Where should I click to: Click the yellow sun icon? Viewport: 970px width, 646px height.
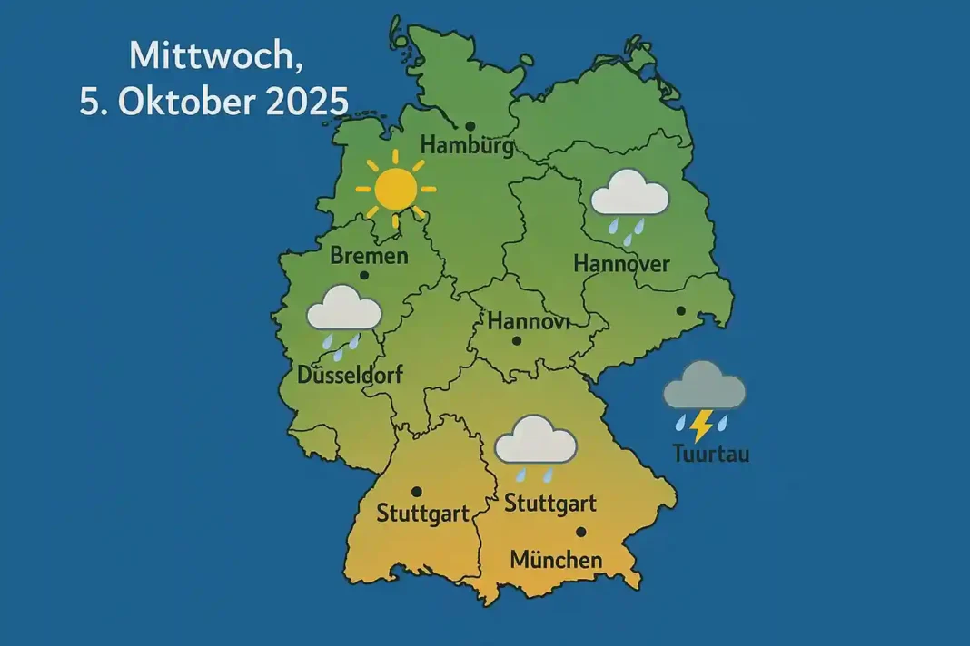click(x=395, y=189)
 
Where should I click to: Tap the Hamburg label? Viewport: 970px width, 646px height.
click(x=467, y=145)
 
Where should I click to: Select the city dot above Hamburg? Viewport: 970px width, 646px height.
click(x=470, y=126)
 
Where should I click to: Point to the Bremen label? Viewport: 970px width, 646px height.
click(x=369, y=256)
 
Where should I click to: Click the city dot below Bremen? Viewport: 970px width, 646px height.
click(x=364, y=275)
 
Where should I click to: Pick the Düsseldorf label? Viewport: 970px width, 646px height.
click(x=350, y=374)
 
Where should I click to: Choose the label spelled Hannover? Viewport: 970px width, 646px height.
click(x=621, y=264)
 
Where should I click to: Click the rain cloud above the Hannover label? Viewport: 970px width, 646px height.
click(x=629, y=194)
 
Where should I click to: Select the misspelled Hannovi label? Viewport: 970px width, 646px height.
click(x=527, y=321)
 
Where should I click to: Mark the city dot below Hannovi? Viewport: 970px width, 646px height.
click(x=517, y=341)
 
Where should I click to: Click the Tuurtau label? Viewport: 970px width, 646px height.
click(x=711, y=454)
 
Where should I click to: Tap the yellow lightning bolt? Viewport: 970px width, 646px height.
click(x=700, y=423)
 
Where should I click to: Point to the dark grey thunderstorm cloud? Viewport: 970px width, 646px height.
click(x=704, y=387)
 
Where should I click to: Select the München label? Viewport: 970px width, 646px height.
click(x=556, y=560)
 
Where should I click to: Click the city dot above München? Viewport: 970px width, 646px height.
click(x=580, y=532)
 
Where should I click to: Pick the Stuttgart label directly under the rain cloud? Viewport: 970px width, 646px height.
click(x=549, y=503)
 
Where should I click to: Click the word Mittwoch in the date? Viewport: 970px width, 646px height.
click(x=190, y=56)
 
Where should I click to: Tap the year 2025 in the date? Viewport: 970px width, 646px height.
click(x=303, y=101)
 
